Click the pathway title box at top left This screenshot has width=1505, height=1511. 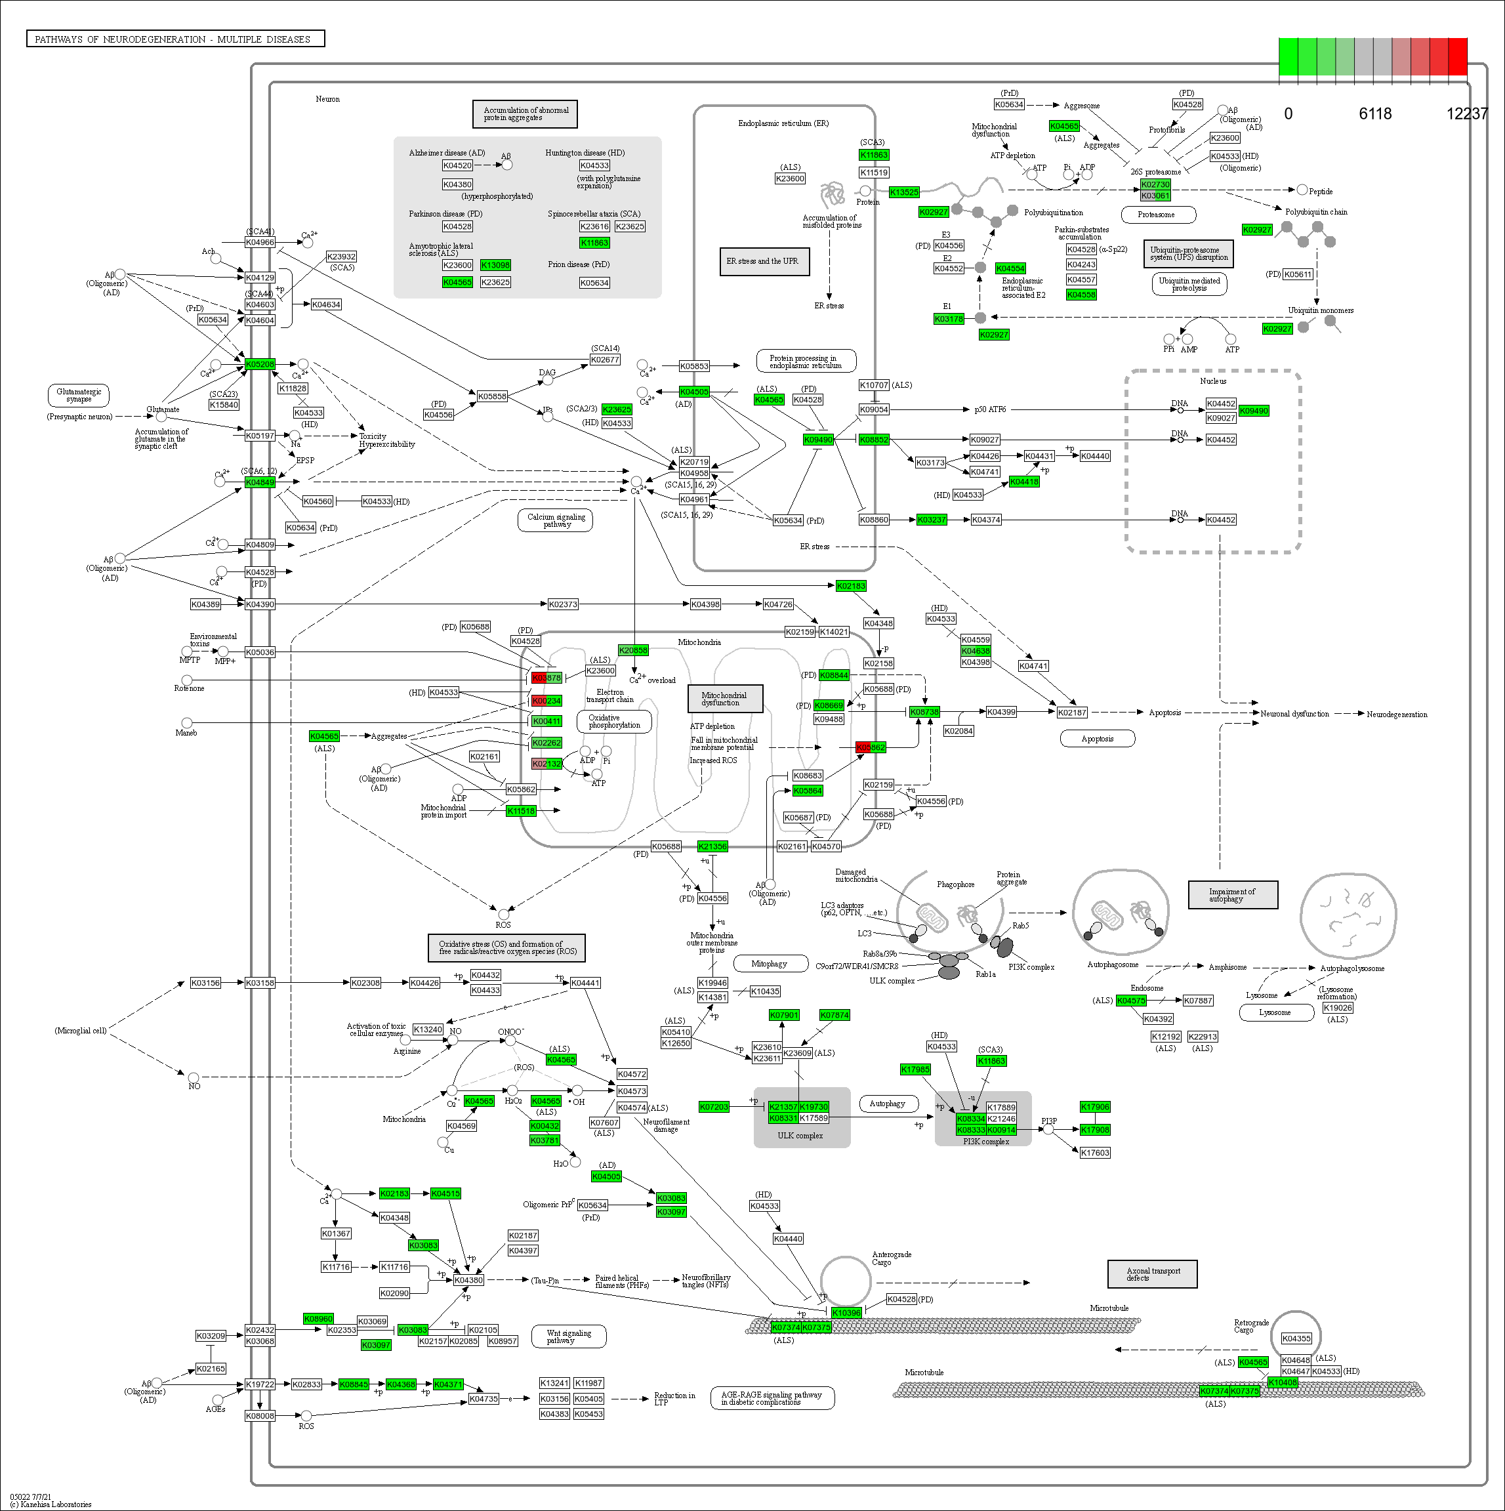(175, 39)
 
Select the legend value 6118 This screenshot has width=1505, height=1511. (1374, 114)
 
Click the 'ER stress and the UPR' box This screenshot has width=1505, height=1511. (764, 261)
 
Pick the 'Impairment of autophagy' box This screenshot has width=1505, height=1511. (1232, 895)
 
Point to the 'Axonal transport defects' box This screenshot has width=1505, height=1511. (1152, 1274)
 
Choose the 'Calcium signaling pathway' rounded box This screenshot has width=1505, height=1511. (556, 520)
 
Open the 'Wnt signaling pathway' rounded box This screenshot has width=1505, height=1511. (569, 1336)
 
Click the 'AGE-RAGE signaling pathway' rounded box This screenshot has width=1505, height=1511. (772, 1397)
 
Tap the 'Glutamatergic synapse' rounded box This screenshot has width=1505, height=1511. (78, 395)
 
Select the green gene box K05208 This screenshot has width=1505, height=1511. (260, 364)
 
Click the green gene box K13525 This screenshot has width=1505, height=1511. (904, 192)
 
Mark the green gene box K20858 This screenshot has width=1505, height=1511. (633, 650)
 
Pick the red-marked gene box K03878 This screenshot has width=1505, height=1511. (546, 677)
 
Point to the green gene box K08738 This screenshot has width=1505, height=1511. (924, 712)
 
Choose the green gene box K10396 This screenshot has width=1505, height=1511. (846, 1313)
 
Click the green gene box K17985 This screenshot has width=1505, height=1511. (915, 1069)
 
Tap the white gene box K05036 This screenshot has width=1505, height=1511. (260, 652)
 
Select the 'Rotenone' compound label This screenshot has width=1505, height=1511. (190, 688)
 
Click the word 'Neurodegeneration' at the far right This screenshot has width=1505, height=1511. (1396, 714)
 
